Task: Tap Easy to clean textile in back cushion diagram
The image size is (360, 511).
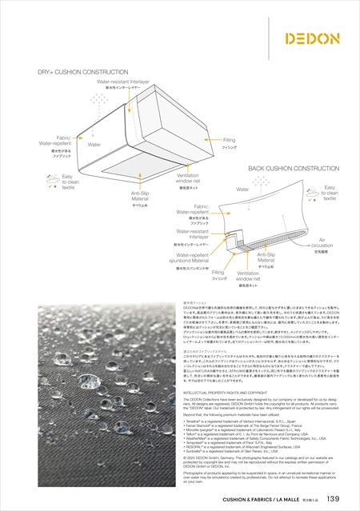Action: pyautogui.click(x=330, y=192)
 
